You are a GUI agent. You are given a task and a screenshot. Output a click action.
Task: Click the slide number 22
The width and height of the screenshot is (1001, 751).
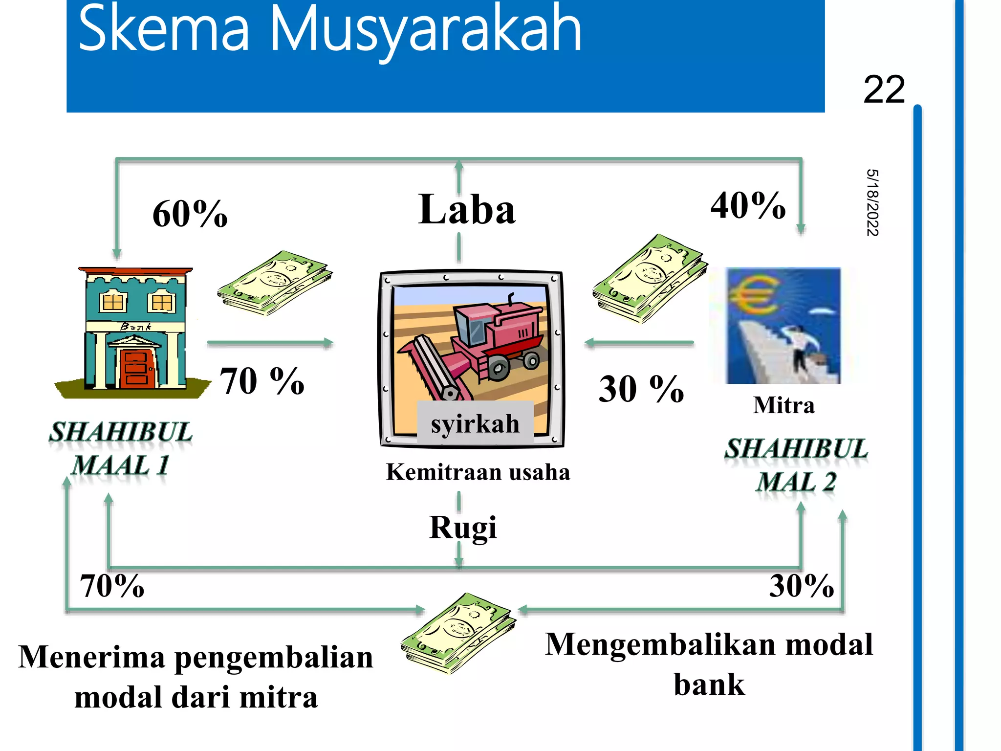(x=884, y=90)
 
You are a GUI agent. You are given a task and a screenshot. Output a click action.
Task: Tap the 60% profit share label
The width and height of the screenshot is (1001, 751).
(x=190, y=214)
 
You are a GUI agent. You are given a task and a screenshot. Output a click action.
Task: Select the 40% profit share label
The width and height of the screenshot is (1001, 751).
(x=748, y=205)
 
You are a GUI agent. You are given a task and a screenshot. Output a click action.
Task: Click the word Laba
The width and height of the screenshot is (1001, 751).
(x=467, y=210)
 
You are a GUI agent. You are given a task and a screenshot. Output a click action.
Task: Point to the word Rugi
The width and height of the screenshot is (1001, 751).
(x=463, y=528)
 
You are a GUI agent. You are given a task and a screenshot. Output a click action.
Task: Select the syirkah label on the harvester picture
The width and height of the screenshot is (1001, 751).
(x=475, y=423)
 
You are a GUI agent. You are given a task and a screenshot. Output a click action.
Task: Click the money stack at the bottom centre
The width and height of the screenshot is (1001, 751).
(x=458, y=633)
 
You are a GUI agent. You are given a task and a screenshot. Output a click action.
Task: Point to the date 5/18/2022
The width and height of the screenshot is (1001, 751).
(x=872, y=202)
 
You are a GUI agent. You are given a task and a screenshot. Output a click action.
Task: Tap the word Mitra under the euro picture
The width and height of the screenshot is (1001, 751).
(x=783, y=405)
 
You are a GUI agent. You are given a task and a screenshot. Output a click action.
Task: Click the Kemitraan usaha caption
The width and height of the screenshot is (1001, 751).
(x=478, y=472)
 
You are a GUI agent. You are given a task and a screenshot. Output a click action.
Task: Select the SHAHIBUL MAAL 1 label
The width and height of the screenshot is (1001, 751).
(x=121, y=448)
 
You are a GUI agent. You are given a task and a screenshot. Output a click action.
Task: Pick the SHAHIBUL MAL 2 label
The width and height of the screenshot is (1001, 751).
(x=796, y=465)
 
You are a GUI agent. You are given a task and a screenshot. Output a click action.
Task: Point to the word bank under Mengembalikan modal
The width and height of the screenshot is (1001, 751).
(x=709, y=685)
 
